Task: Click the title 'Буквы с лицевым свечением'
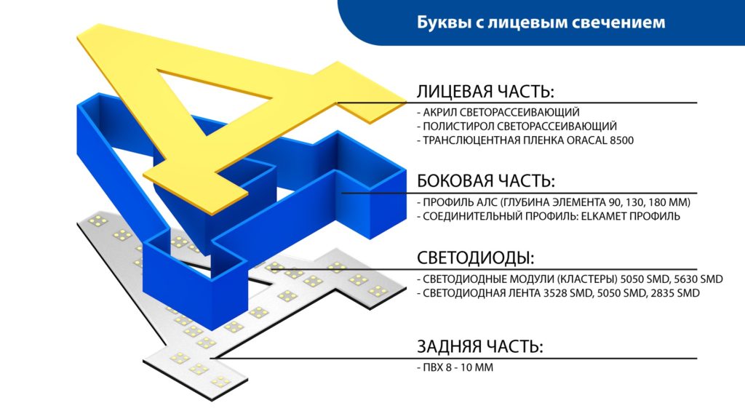click(541, 23)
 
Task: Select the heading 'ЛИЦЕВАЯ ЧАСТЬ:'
click(485, 91)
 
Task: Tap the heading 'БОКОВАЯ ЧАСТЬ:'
click(486, 181)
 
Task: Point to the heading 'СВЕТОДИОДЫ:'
click(476, 258)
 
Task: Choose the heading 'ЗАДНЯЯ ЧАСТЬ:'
click(480, 346)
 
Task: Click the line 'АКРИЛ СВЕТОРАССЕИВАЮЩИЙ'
click(498, 112)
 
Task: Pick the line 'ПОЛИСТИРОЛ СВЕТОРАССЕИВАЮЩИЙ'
click(517, 127)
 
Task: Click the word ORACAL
click(587, 140)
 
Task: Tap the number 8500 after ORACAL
click(621, 140)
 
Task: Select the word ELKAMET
click(597, 216)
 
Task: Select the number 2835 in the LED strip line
click(663, 293)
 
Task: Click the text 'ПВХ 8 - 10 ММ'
click(455, 367)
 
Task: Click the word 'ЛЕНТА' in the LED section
click(525, 293)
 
